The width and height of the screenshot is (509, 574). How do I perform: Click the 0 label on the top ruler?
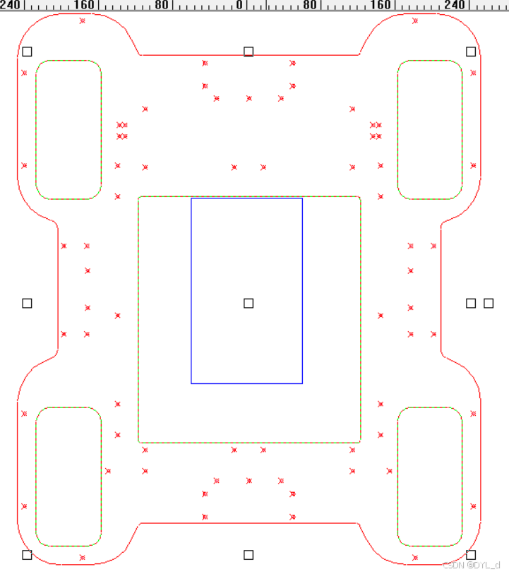click(x=239, y=5)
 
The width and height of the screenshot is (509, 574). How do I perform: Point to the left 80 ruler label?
click(x=161, y=5)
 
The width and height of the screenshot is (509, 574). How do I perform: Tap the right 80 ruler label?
click(x=309, y=5)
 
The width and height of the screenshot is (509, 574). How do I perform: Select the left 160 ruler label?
click(x=83, y=5)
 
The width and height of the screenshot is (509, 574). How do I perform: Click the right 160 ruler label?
click(x=380, y=5)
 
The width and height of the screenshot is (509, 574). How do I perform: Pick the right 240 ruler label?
click(x=455, y=5)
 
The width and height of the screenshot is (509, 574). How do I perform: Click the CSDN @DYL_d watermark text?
click(x=472, y=565)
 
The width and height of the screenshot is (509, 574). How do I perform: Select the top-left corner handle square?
click(x=27, y=52)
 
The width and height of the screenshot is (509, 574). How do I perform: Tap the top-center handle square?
click(x=248, y=52)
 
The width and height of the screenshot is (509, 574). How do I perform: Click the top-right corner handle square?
click(x=471, y=52)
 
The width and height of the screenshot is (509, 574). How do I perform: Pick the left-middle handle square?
click(x=27, y=303)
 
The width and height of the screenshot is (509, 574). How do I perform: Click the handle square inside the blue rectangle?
click(x=248, y=303)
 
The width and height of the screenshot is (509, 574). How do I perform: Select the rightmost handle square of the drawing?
click(x=489, y=303)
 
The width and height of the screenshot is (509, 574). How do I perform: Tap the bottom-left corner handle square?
click(x=27, y=555)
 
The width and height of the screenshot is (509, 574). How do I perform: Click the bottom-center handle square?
click(x=248, y=555)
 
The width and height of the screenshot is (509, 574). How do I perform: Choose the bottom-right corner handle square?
click(x=471, y=555)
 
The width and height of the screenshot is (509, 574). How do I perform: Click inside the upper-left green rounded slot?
click(x=68, y=130)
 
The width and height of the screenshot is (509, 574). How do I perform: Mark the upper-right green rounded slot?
click(x=430, y=130)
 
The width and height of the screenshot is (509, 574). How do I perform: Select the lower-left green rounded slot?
click(x=68, y=477)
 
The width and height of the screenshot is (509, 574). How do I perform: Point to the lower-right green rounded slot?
click(x=430, y=477)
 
